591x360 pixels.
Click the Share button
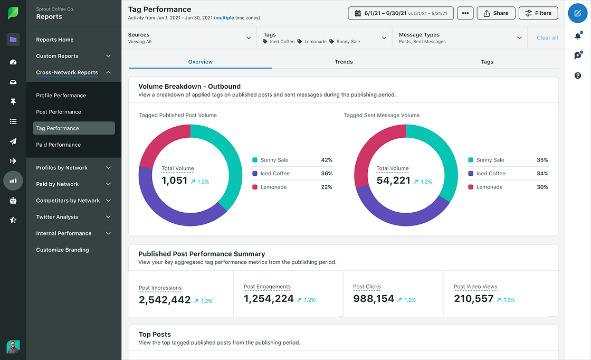tap(495, 13)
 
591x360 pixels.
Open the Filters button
tap(538, 13)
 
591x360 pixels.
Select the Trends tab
tap(344, 62)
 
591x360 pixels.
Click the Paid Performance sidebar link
tap(59, 145)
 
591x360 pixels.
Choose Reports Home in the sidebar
tap(55, 40)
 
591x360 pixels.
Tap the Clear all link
tap(547, 37)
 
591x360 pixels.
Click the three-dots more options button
tap(465, 13)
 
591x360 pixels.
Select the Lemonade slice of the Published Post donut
tap(161, 142)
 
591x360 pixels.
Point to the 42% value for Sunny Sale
tap(327, 160)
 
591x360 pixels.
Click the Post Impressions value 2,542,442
tap(165, 300)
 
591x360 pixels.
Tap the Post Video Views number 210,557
tap(473, 299)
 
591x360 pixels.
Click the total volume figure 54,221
tap(394, 181)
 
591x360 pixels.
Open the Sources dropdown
tap(189, 37)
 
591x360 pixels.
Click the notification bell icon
tap(578, 36)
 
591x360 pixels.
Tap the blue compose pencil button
tap(578, 13)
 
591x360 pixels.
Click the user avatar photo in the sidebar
tap(13, 347)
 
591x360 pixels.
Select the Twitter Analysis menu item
tap(57, 217)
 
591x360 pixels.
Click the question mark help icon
tap(578, 76)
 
